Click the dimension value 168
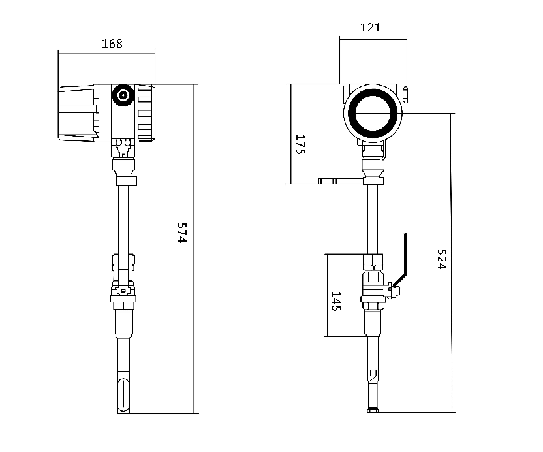tap(112, 44)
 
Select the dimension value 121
tap(370, 27)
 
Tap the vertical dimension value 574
tap(182, 233)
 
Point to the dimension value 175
tap(300, 144)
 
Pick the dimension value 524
tap(442, 259)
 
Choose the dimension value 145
tap(336, 301)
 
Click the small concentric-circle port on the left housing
tap(123, 95)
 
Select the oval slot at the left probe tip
tap(123, 395)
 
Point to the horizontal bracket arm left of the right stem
tap(341, 181)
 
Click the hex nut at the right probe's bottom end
tap(373, 410)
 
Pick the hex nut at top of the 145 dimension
tap(373, 263)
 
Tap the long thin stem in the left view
tap(123, 220)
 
